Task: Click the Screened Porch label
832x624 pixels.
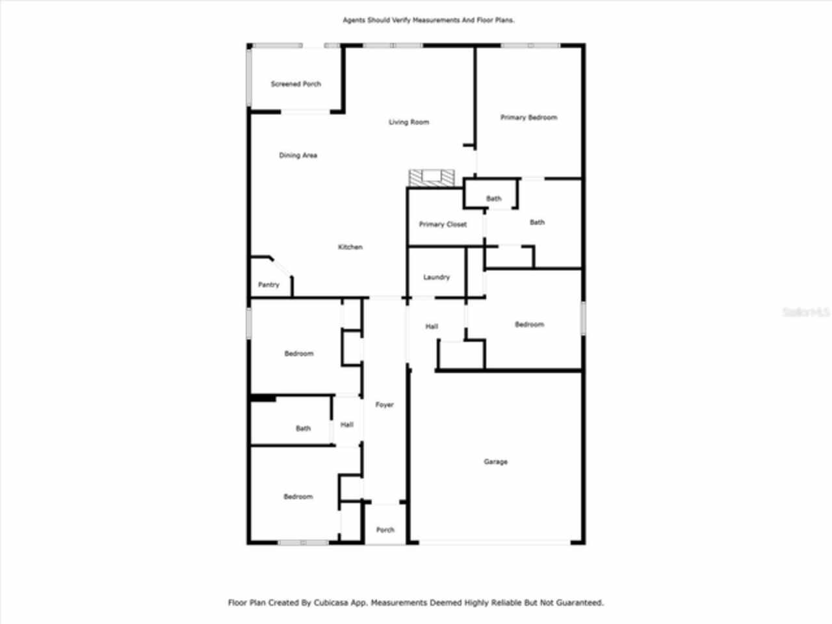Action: [x=296, y=84]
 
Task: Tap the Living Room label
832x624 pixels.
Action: [x=409, y=122]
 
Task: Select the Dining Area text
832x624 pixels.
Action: [x=298, y=155]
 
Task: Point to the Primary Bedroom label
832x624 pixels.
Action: [x=528, y=118]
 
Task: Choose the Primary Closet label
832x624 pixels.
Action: [x=443, y=224]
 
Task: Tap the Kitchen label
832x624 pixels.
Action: [x=350, y=247]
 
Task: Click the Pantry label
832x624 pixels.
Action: [x=268, y=285]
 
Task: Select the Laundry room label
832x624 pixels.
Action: [x=436, y=277]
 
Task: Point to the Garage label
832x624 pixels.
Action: [x=495, y=461]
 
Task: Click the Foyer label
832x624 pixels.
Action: [x=384, y=404]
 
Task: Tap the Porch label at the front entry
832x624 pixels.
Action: [x=385, y=530]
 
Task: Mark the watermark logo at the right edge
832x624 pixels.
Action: [x=806, y=313]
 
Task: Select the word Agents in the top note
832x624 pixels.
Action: [x=355, y=20]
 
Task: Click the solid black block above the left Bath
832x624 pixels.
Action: [x=263, y=398]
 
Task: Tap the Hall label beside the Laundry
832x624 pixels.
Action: [x=432, y=326]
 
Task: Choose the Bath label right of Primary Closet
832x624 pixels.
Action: [x=537, y=222]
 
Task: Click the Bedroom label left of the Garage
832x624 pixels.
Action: [x=298, y=497]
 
